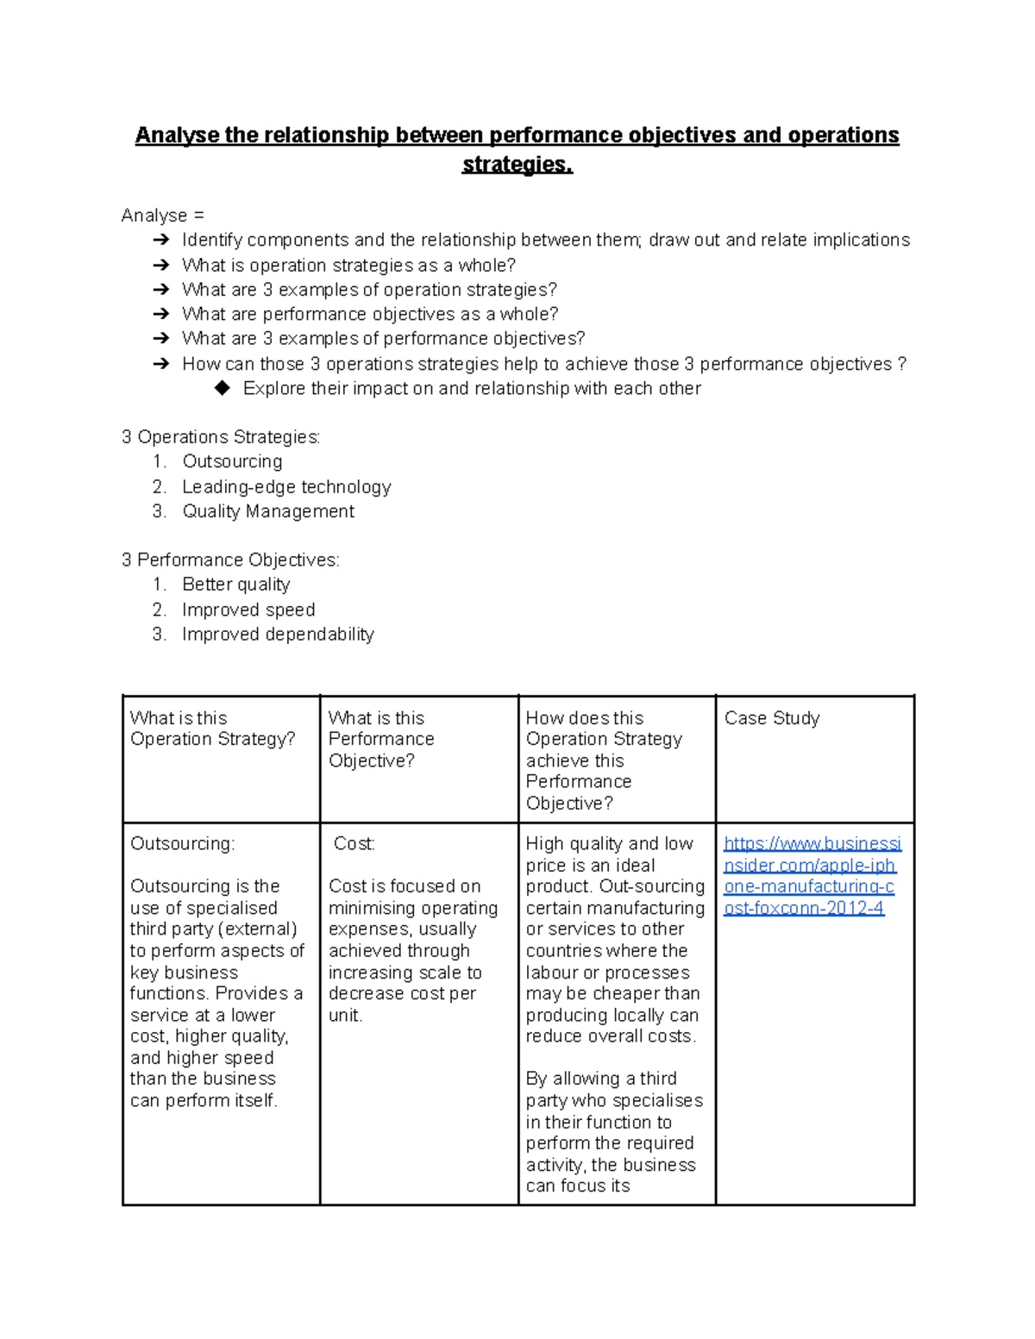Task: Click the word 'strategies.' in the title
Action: pos(517,164)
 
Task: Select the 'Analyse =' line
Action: pos(163,216)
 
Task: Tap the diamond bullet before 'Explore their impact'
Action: pos(223,388)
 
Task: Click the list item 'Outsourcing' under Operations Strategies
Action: pos(232,461)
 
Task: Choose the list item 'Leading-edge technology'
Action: pos(286,486)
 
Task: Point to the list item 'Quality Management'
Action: pos(268,511)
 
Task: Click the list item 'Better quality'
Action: pos(236,585)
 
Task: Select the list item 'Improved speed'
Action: pos(248,610)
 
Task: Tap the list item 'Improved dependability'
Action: pos(278,635)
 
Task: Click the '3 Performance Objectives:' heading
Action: pos(230,560)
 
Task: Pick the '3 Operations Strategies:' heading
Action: pos(221,437)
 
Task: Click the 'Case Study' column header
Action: pos(772,718)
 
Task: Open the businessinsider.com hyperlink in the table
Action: pos(812,875)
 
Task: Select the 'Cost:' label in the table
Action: pos(354,843)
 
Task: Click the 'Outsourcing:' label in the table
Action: pos(182,843)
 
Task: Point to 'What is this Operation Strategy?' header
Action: pos(212,729)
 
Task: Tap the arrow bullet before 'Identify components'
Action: pos(161,241)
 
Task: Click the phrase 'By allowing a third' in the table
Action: pos(601,1079)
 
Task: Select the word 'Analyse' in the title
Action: pos(177,135)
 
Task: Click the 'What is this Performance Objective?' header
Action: pos(381,739)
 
